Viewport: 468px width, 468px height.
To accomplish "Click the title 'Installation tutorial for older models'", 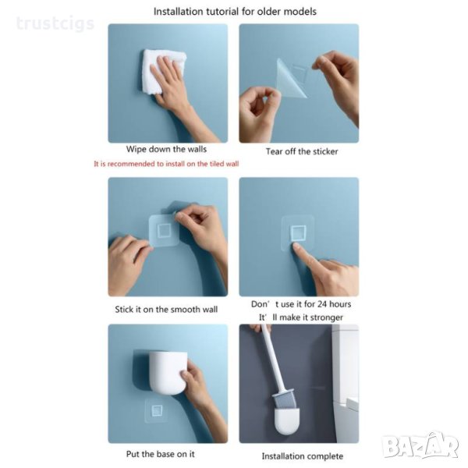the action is pyautogui.click(x=235, y=12).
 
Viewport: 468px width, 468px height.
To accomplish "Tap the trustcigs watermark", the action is pyautogui.click(x=55, y=23).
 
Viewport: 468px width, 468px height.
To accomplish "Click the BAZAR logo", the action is pyautogui.click(x=421, y=446).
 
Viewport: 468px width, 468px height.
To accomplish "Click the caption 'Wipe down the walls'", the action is pyautogui.click(x=166, y=149).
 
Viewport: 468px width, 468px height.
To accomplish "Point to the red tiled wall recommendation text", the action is pyautogui.click(x=166, y=164).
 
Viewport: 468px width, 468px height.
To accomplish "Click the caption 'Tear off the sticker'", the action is pyautogui.click(x=302, y=151).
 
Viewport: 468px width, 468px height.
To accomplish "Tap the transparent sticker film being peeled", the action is pyautogui.click(x=291, y=77).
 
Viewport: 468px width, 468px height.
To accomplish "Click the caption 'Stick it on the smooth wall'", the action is pyautogui.click(x=166, y=309).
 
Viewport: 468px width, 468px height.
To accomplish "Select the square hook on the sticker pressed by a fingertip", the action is pyautogui.click(x=299, y=232).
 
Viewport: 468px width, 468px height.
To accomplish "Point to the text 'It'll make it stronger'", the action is pyautogui.click(x=301, y=317).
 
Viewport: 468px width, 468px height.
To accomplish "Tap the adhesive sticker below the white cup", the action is pyautogui.click(x=157, y=410).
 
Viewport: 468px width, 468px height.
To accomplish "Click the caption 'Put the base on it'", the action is pyautogui.click(x=160, y=454).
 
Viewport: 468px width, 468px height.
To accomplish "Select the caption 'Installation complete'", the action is pyautogui.click(x=303, y=456).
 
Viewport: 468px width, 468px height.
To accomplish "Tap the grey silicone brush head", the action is pyautogui.click(x=284, y=400).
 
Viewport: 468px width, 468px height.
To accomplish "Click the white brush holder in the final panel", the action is pyautogui.click(x=286, y=421).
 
